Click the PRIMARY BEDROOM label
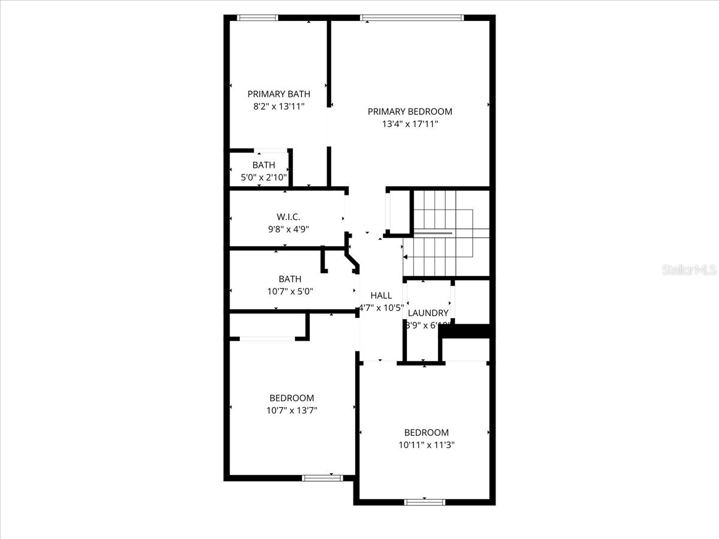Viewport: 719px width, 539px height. click(x=410, y=111)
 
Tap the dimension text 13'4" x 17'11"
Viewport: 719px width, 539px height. click(x=410, y=125)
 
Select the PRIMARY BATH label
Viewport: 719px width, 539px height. click(x=279, y=93)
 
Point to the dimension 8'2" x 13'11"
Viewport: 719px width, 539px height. click(x=279, y=107)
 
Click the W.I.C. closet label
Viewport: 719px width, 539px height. click(x=284, y=216)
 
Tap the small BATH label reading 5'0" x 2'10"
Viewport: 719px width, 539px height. click(x=264, y=165)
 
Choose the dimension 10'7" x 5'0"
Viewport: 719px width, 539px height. click(x=290, y=292)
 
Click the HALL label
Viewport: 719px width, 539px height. click(x=381, y=295)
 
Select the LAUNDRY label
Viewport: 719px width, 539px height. click(x=428, y=313)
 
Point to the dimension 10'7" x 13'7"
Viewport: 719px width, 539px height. click(x=291, y=411)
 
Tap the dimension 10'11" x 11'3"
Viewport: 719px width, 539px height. click(x=426, y=445)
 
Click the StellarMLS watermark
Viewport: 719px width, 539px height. click(x=689, y=270)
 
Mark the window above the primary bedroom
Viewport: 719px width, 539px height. click(x=412, y=17)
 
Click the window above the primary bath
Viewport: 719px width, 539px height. click(x=258, y=17)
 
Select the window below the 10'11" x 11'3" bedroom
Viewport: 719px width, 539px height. click(x=425, y=502)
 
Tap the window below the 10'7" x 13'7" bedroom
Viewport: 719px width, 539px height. click(x=322, y=478)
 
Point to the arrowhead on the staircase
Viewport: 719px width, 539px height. click(x=406, y=257)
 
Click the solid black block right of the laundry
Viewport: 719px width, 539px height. click(x=472, y=331)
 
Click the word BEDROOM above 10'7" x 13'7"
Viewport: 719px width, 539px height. click(x=291, y=398)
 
